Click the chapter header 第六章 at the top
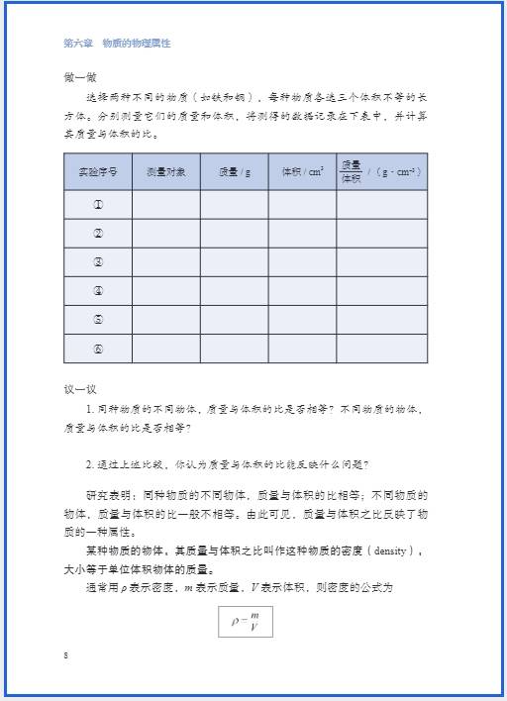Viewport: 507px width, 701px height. [76, 44]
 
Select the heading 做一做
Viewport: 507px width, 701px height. [76, 77]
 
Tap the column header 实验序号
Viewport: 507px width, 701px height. [98, 171]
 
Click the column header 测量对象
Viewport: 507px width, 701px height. [165, 171]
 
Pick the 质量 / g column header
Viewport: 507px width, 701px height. [234, 171]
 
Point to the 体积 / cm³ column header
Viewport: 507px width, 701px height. [302, 171]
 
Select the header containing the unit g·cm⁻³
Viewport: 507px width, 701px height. [381, 171]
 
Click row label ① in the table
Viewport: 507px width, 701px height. [98, 205]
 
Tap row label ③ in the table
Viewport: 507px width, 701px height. [98, 262]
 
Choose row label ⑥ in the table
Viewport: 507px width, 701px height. [98, 349]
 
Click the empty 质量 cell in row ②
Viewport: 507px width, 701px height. [234, 234]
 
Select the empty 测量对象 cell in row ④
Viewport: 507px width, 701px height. [165, 291]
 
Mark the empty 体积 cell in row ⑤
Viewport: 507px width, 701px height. [302, 320]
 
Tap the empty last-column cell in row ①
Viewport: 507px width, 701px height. [381, 205]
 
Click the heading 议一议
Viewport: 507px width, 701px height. [76, 389]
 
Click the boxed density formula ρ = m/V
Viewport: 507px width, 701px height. [245, 620]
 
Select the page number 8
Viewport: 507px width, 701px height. [65, 655]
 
